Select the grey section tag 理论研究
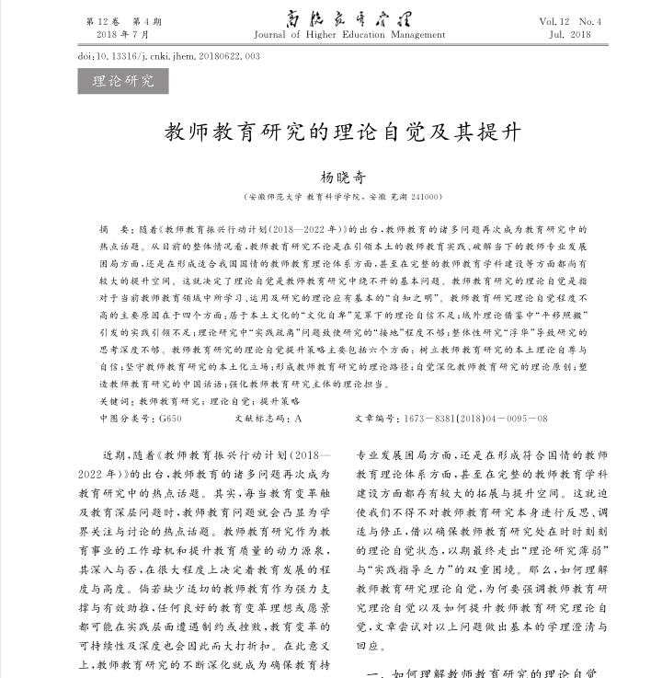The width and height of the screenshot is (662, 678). (123, 81)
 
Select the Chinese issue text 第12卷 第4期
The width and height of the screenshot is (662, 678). (122, 20)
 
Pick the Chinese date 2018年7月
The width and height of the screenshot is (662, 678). (122, 34)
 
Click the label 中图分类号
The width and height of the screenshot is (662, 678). (126, 418)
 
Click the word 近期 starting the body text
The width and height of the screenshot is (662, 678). (113, 455)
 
